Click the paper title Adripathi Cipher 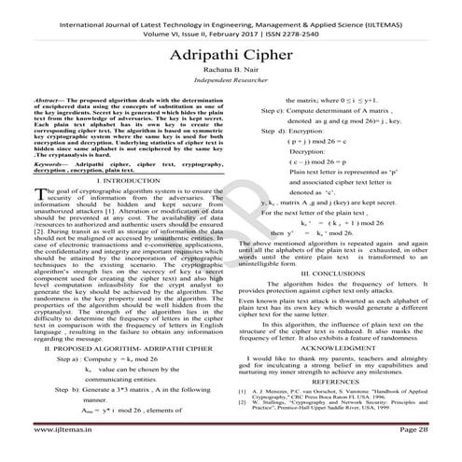230,55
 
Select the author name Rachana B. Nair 231,77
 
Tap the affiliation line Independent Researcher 231,89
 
